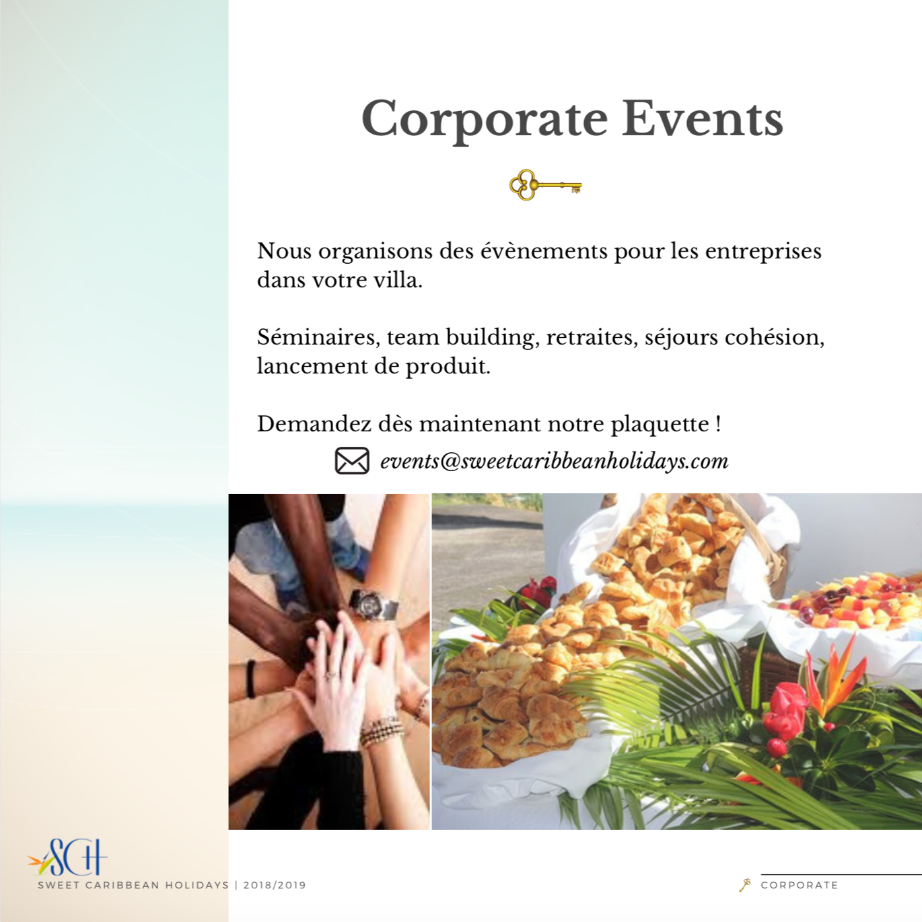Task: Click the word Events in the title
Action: (x=703, y=118)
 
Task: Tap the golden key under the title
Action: (x=545, y=184)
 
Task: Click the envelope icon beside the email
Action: (x=352, y=461)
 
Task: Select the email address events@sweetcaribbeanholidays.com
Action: (x=554, y=461)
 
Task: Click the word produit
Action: (x=448, y=367)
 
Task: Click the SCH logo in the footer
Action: (x=67, y=857)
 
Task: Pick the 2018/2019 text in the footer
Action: (x=275, y=885)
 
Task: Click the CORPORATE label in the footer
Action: (x=800, y=885)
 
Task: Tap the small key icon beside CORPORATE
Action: (x=744, y=885)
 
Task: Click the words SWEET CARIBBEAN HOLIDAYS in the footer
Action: (x=133, y=885)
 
